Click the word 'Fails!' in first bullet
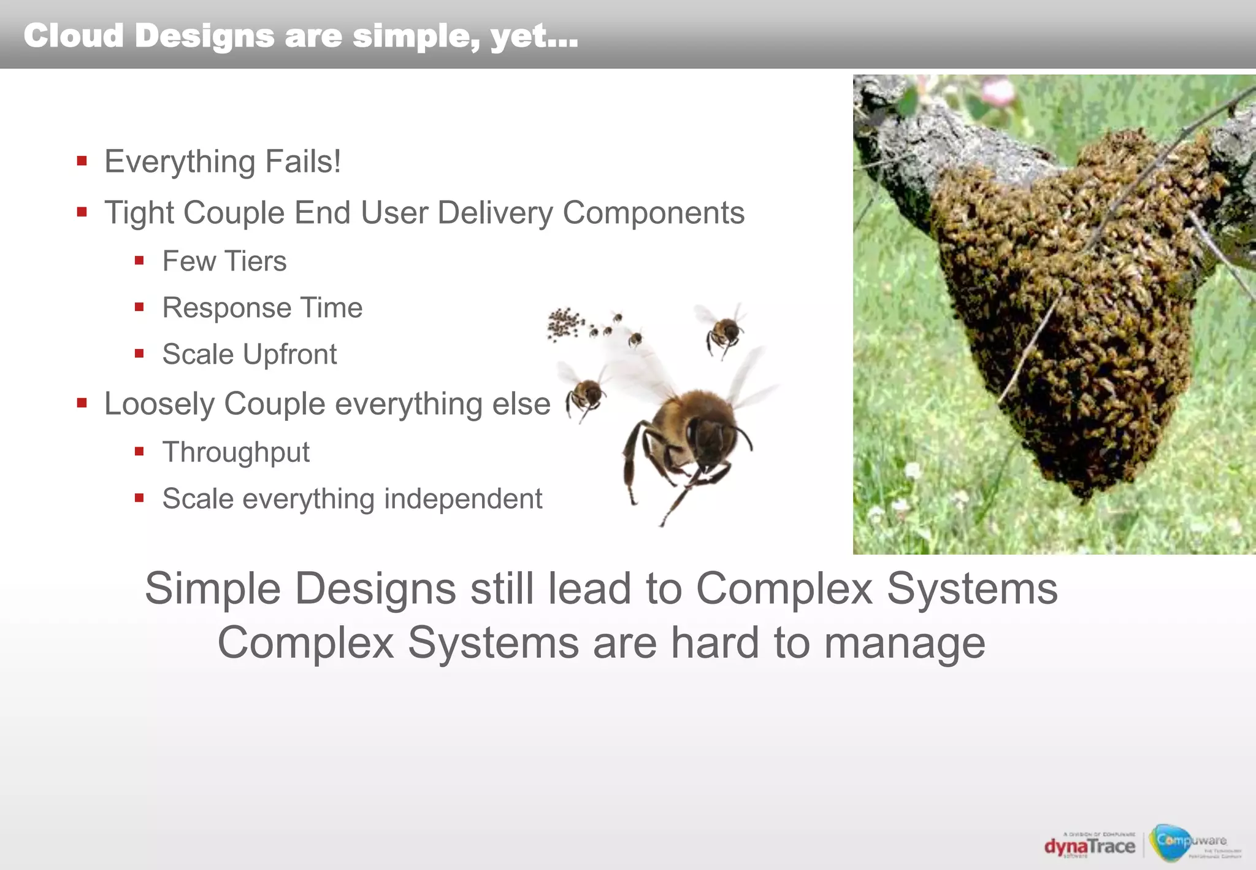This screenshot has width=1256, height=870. coord(303,162)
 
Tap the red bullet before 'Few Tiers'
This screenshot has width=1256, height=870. coord(140,261)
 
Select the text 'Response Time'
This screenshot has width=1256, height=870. coord(262,308)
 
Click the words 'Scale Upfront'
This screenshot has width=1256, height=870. coord(250,355)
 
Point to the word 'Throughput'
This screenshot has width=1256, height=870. coord(236,453)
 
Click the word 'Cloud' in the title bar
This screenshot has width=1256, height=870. coord(74,35)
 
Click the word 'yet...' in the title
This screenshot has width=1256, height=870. coord(534,35)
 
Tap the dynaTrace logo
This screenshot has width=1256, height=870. coord(1090,846)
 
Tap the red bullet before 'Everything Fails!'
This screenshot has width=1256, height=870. coord(82,161)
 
